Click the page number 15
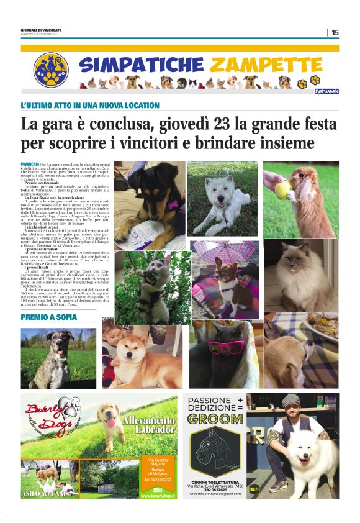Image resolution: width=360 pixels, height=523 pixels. coord(335,32)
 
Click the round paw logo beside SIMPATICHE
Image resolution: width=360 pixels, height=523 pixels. coord(51,69)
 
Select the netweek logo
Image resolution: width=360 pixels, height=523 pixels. coord(326,91)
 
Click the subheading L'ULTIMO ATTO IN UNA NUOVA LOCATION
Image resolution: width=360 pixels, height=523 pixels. coord(90,106)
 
